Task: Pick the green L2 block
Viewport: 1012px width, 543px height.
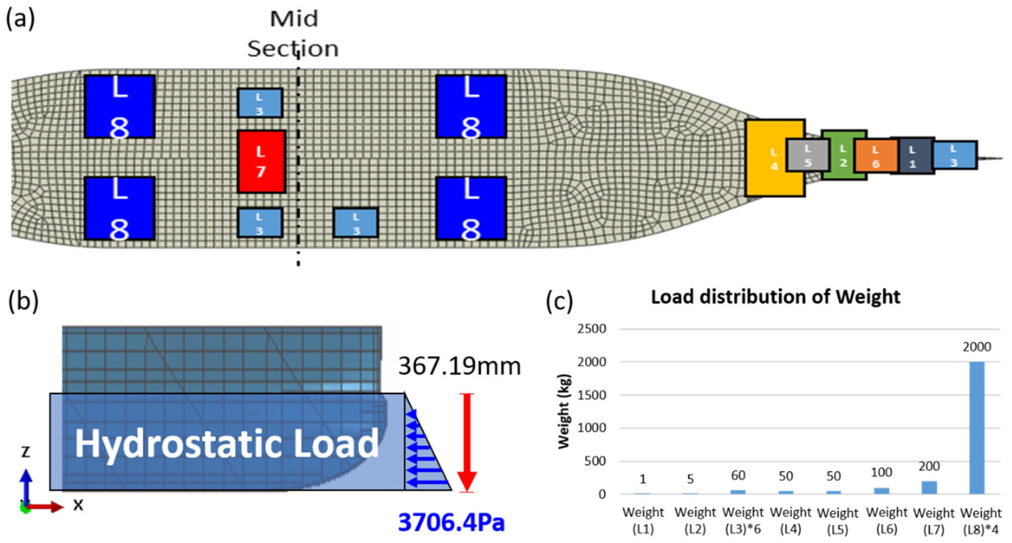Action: click(x=843, y=156)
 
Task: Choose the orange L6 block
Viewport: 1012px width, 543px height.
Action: click(x=875, y=156)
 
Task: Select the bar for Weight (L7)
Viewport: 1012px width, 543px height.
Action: click(x=929, y=487)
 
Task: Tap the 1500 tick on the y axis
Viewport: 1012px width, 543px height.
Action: click(x=591, y=394)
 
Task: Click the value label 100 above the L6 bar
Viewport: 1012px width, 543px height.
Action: click(x=881, y=472)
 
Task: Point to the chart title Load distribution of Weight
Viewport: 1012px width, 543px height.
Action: click(x=775, y=297)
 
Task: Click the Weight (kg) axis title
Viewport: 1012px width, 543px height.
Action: click(x=564, y=411)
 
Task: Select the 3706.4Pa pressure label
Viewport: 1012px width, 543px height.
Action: click(x=451, y=523)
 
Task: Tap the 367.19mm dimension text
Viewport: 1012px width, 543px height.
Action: click(x=459, y=366)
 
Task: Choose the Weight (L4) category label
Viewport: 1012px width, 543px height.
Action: click(x=790, y=521)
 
